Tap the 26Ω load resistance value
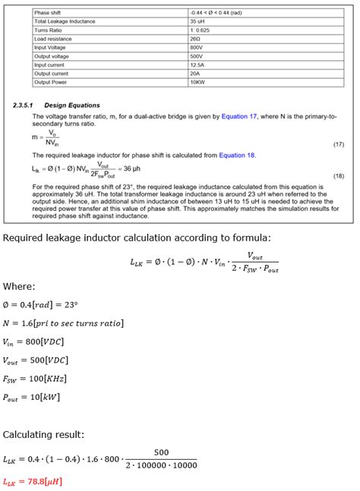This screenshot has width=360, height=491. (194, 38)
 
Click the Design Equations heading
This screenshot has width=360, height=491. (72, 105)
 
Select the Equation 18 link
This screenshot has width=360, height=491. (237, 156)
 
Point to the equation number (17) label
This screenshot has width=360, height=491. (339, 143)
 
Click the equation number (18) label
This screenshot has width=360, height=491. (339, 175)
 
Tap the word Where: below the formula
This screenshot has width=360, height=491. (19, 287)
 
